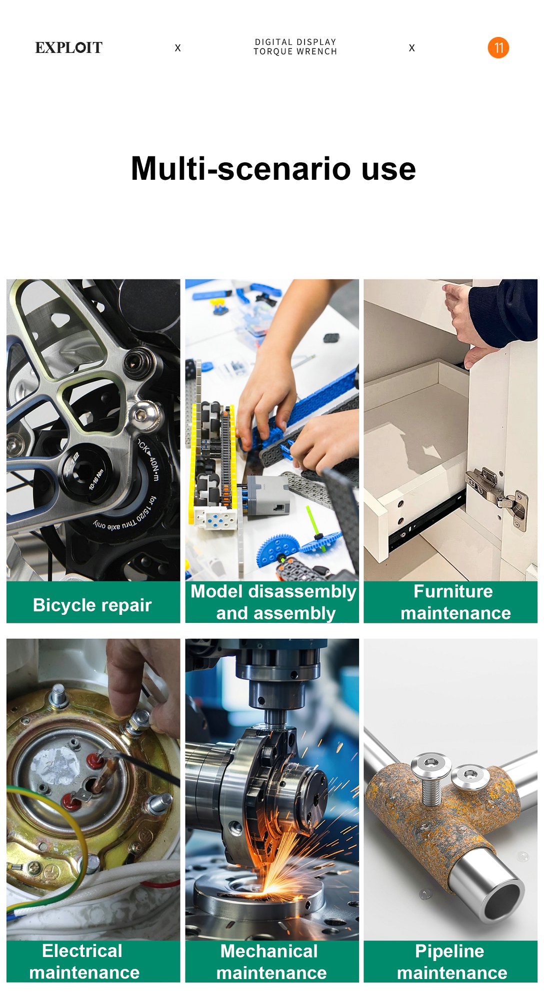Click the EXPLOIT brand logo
pos(69,48)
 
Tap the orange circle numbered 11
pos(498,48)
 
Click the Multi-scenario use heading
pos(273,169)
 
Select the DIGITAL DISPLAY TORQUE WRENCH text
pos(295,47)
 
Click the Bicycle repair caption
pos(92,605)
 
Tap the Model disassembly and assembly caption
pos(273,602)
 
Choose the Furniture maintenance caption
pos(455,602)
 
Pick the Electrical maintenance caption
pos(84,962)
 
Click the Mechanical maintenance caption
pos(271,962)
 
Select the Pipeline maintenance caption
pos(451,962)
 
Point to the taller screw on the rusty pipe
pos(430,779)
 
